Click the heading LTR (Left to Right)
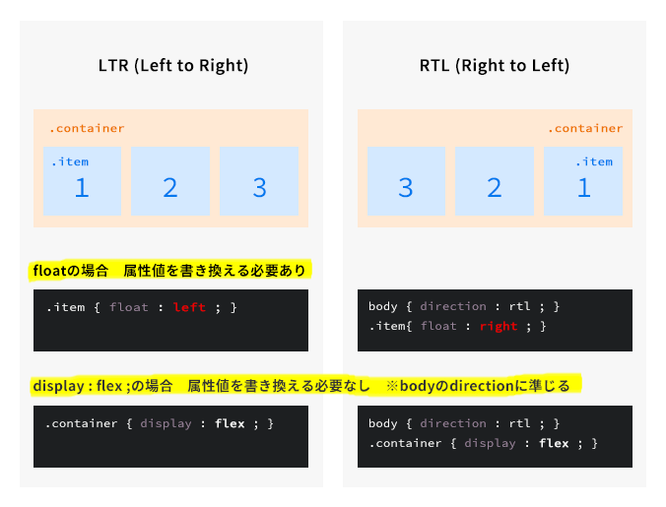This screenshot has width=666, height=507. [173, 66]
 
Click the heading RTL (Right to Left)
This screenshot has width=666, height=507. [495, 66]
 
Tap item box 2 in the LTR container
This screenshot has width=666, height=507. [170, 181]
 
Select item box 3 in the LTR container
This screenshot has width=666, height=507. [259, 181]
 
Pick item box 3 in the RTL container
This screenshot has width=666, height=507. [406, 181]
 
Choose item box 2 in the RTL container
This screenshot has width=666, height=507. [495, 181]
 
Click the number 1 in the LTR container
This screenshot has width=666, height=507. [82, 188]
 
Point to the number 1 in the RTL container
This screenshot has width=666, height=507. [584, 188]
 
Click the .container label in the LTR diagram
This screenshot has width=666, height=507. [87, 128]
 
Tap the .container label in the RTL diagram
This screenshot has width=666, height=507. [585, 128]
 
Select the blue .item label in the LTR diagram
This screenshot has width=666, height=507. [70, 161]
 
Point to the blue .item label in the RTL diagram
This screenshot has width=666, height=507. [594, 161]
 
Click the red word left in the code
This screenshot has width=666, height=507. [189, 307]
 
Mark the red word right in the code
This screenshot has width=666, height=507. [499, 326]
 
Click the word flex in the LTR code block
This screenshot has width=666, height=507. [230, 423]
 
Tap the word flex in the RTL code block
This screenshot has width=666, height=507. [554, 443]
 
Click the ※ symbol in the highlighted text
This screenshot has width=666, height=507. [392, 386]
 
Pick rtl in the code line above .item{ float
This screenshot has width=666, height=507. [520, 306]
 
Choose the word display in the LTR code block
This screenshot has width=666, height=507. [166, 424]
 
